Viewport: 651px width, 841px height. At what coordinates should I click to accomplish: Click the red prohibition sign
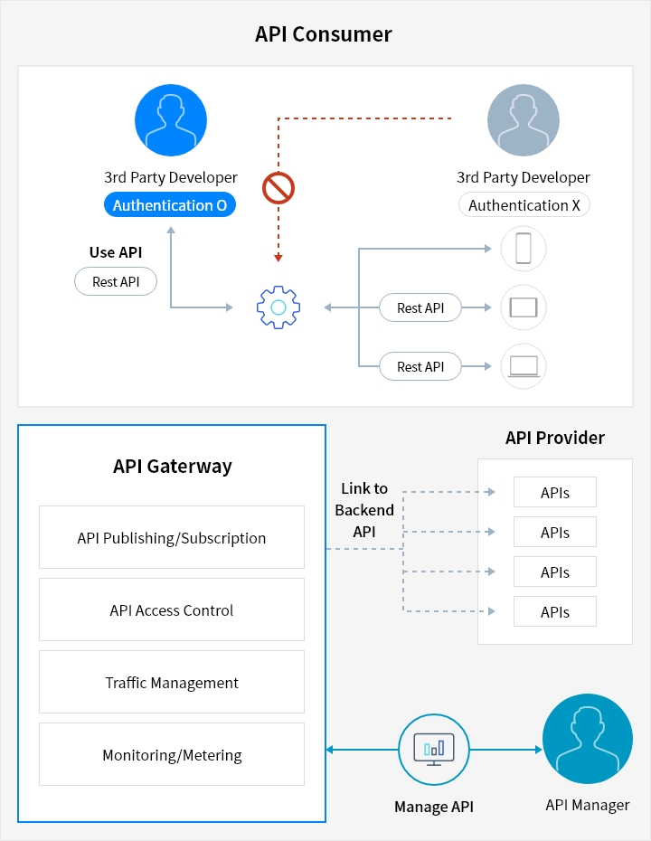click(278, 188)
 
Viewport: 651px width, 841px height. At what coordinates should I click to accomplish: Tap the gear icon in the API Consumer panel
click(278, 307)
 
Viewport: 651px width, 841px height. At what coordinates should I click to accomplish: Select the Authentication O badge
click(170, 205)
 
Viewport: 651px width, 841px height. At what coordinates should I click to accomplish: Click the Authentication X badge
click(524, 205)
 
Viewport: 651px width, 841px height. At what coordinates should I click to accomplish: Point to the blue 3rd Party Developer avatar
click(171, 120)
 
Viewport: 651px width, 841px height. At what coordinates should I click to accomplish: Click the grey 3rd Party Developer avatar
click(524, 120)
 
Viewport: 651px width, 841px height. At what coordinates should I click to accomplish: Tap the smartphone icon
click(524, 249)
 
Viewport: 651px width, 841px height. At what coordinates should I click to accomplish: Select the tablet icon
click(524, 307)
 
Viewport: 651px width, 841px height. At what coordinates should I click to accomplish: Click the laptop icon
click(524, 366)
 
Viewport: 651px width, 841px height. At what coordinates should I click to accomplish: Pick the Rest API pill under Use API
click(116, 282)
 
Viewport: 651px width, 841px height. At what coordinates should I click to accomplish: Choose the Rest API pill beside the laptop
click(420, 367)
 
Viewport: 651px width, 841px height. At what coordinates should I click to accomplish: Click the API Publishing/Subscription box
click(172, 538)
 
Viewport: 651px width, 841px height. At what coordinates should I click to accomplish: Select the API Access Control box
click(172, 610)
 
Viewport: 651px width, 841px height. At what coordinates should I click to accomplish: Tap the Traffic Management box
click(172, 683)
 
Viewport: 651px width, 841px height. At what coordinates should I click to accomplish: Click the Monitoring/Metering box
click(172, 755)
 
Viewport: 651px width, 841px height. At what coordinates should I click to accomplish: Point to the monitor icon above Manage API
click(434, 750)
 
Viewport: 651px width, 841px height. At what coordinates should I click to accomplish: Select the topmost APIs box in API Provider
click(555, 493)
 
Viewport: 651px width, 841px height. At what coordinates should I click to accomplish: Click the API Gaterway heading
click(173, 467)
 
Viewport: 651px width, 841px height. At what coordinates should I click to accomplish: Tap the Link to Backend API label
click(364, 510)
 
